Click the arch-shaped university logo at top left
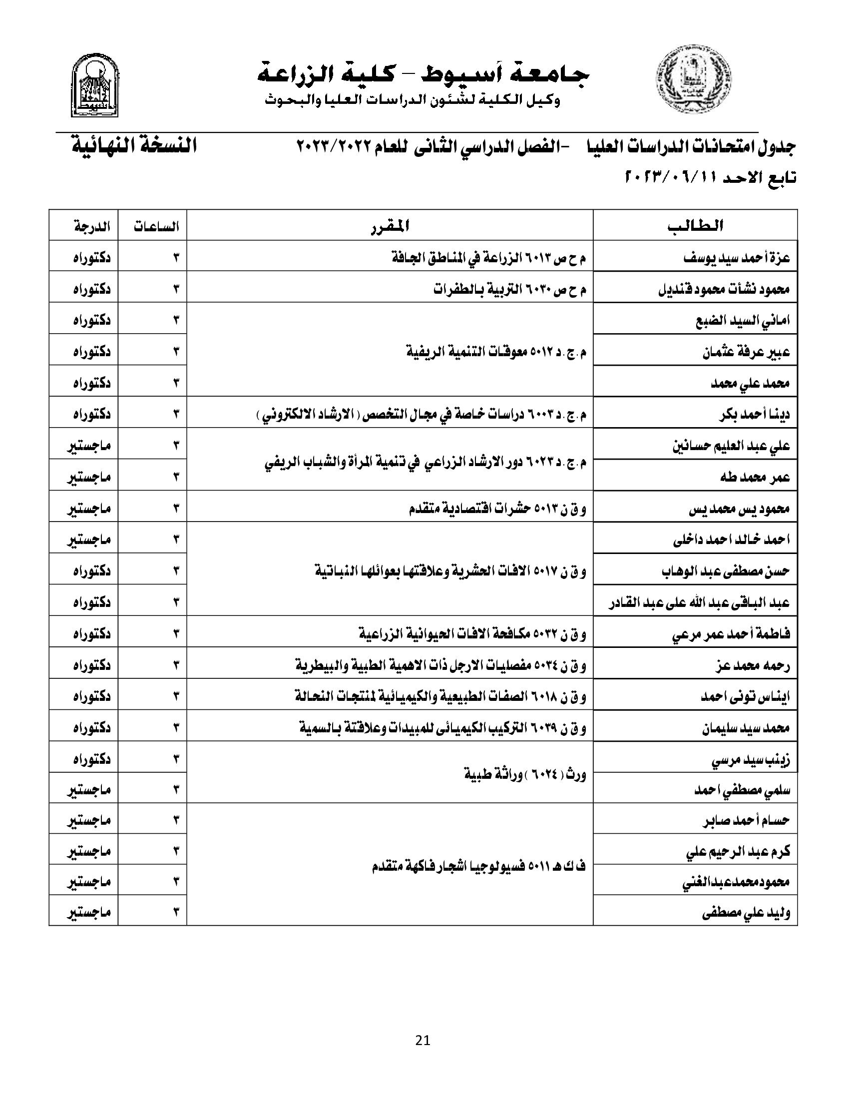click(95, 85)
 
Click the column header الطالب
click(696, 226)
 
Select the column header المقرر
click(390, 226)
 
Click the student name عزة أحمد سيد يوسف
click(736, 258)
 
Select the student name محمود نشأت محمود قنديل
click(724, 289)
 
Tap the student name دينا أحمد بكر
click(755, 414)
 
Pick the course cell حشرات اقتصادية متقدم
click(497, 508)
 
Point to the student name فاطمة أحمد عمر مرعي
click(731, 634)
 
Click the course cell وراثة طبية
click(525, 774)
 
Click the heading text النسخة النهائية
click(133, 146)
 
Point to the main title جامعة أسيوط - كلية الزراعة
click(423, 74)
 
